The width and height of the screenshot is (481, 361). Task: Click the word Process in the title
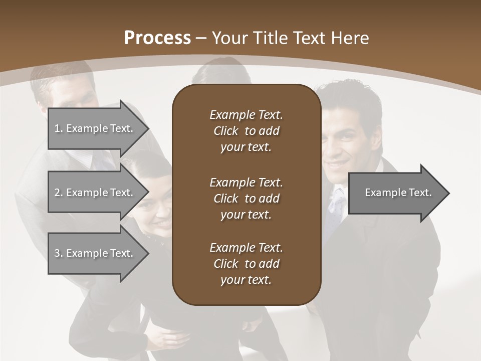click(157, 38)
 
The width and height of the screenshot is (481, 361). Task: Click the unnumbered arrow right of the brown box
click(396, 193)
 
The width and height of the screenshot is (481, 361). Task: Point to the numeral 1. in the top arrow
click(58, 128)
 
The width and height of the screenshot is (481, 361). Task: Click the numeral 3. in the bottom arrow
click(58, 253)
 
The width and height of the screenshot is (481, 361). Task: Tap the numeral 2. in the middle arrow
click(58, 193)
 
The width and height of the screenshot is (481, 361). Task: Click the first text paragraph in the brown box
click(246, 131)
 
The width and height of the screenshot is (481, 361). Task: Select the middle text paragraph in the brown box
click(246, 199)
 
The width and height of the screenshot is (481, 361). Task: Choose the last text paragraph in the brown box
click(246, 264)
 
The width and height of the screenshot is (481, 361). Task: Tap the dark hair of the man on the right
click(351, 98)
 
